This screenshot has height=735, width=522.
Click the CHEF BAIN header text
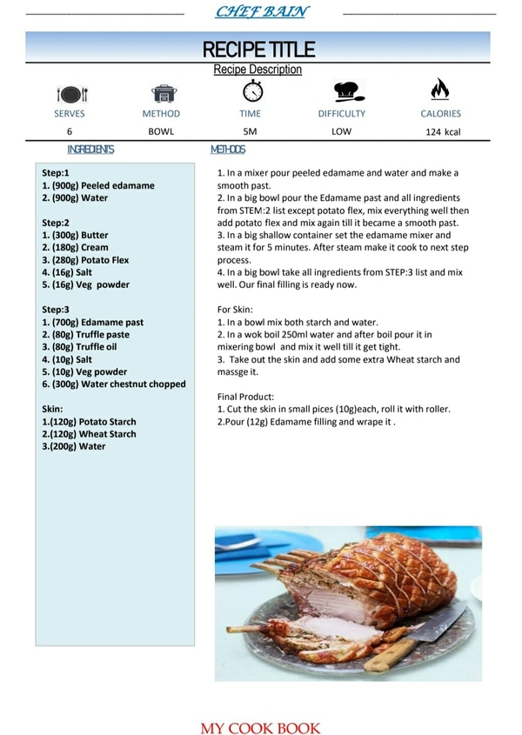coord(261,12)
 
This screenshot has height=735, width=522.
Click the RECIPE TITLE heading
coord(258,49)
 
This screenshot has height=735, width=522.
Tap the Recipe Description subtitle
coord(258,70)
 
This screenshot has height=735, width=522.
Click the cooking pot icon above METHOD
coord(162,93)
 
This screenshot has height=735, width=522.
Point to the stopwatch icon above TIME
coord(251,90)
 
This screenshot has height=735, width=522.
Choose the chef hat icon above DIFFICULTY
coord(346,91)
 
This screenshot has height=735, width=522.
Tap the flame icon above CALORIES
coord(439,90)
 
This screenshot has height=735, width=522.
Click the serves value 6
coord(70,131)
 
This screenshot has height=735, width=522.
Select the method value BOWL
coord(161,131)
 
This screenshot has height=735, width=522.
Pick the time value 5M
coord(251,131)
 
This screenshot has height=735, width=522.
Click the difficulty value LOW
coord(341,131)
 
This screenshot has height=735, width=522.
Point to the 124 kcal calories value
coord(443,132)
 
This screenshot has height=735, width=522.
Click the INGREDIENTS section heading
coord(90,150)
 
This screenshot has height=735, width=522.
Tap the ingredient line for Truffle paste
coord(86,334)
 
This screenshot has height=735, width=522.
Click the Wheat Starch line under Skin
coord(90,434)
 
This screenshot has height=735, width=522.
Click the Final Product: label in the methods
coord(245,397)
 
